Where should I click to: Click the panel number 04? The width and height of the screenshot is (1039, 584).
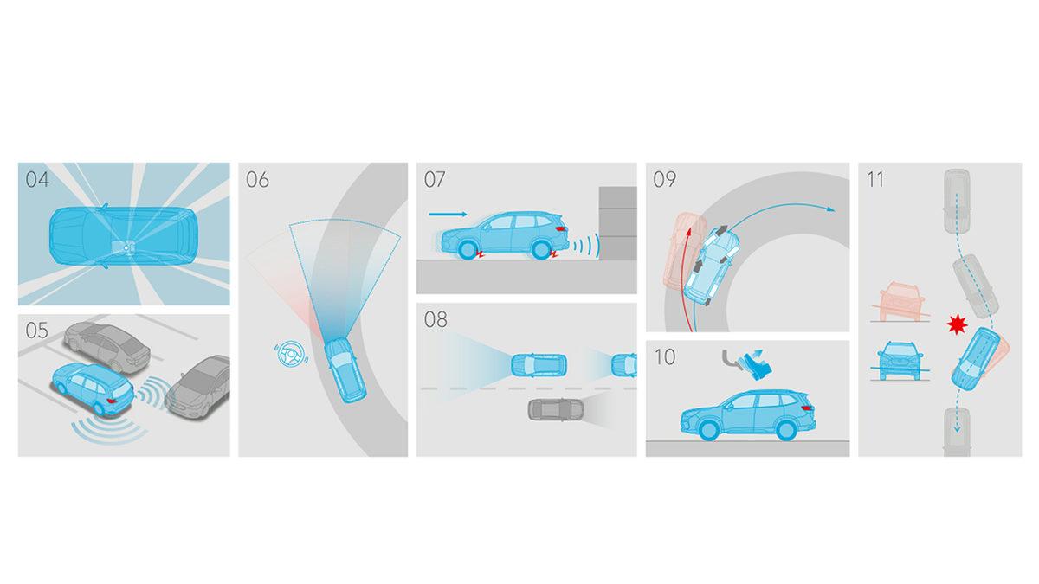[x=37, y=179]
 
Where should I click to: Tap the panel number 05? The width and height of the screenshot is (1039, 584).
[x=37, y=331]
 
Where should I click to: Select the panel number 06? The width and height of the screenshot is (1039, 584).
[x=257, y=179]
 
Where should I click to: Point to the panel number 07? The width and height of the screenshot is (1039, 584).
[x=435, y=179]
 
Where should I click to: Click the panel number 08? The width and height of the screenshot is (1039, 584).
[x=436, y=319]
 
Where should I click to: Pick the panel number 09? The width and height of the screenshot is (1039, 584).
[x=665, y=179]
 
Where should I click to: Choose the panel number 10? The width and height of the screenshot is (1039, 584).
[x=665, y=356]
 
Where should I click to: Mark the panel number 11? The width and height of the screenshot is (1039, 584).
[x=875, y=179]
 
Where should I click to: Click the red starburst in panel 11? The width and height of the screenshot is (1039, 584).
[x=958, y=324]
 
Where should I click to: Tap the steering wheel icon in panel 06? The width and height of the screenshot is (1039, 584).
[x=290, y=355]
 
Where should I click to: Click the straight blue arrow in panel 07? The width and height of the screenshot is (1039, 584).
[x=449, y=215]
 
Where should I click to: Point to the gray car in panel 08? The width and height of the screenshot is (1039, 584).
[x=556, y=410]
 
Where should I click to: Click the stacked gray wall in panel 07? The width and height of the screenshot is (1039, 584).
[x=618, y=223]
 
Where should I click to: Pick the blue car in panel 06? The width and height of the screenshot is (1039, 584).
[x=345, y=370]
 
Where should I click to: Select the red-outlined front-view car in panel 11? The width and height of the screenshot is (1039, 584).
[x=900, y=301]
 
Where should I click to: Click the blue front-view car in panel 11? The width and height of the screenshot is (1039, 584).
[x=900, y=361]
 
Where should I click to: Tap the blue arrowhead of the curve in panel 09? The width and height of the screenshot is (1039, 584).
[x=831, y=209]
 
